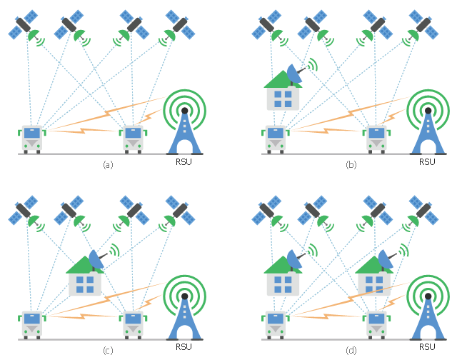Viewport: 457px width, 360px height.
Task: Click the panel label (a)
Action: pos(108,164)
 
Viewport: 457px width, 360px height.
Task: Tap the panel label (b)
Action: pos(351,164)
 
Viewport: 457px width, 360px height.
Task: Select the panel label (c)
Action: pos(108,349)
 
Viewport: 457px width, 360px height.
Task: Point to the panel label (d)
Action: pos(351,349)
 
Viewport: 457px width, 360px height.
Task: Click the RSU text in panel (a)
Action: pos(184,161)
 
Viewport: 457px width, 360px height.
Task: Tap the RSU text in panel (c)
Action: pos(184,347)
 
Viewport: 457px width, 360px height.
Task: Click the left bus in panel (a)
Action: pos(31,138)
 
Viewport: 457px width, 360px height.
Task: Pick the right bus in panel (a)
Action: pos(132,138)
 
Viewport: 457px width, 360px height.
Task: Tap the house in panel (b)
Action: pos(282,91)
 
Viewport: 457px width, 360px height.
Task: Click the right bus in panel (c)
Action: pos(132,324)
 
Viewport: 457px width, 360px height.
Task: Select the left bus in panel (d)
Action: pos(275,324)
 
